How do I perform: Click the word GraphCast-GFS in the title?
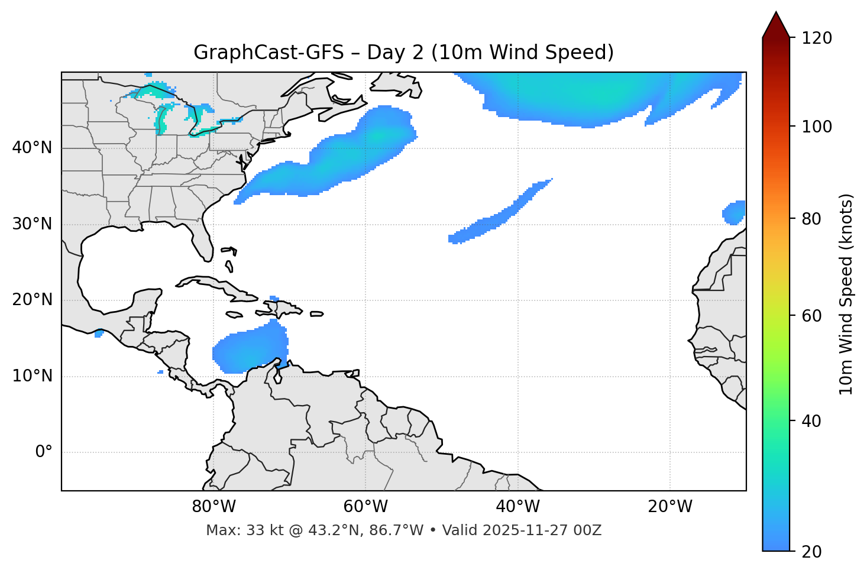(x=268, y=53)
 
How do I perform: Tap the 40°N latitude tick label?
(x=32, y=148)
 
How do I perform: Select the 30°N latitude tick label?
(x=32, y=224)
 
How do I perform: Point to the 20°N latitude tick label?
(x=32, y=300)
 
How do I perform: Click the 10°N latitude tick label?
(x=32, y=376)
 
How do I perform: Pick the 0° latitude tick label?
(x=44, y=452)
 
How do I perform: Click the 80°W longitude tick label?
(x=213, y=507)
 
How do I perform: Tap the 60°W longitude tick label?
(x=365, y=507)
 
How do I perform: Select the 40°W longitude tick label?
(x=517, y=507)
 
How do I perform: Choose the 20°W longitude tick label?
(x=669, y=507)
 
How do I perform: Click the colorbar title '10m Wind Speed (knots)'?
(x=846, y=294)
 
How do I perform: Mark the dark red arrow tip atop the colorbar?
(x=776, y=22)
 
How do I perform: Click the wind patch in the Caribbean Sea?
(x=251, y=352)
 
